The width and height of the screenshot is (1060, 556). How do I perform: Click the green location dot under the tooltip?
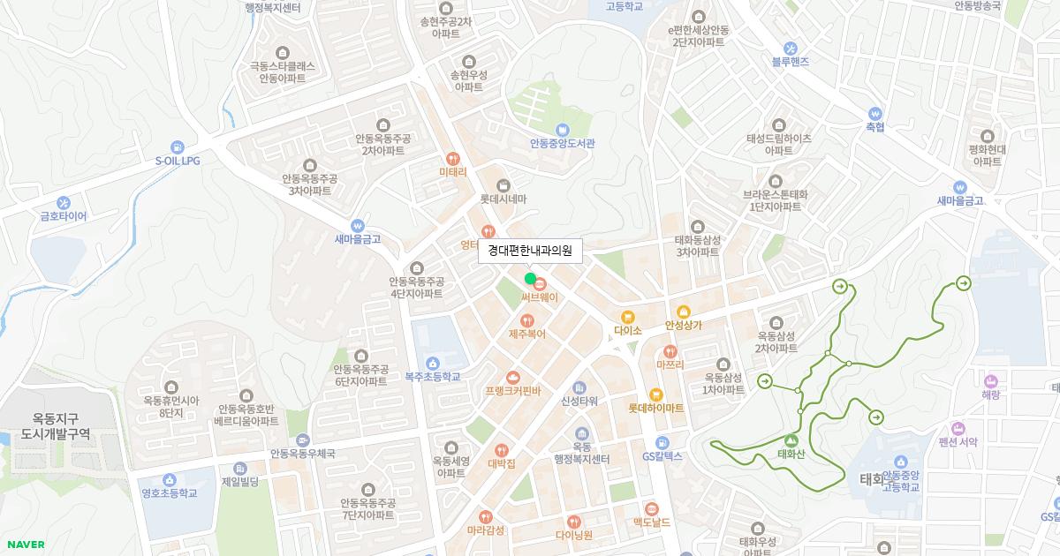[x=530, y=279]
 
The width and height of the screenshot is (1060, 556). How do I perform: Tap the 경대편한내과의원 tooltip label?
[x=530, y=252]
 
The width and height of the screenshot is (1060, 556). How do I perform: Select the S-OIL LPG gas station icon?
[x=178, y=147]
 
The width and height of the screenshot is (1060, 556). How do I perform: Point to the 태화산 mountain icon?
[x=791, y=440]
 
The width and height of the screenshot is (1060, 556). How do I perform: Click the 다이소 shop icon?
[x=627, y=316]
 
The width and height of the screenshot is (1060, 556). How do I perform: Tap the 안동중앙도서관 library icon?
[x=563, y=129]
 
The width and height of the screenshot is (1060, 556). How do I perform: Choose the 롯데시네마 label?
[x=503, y=199]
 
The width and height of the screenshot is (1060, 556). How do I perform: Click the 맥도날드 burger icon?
[x=651, y=508]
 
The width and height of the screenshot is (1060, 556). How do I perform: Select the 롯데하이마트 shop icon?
[x=655, y=394]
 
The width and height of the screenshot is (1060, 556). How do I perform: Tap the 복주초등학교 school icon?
[x=433, y=363]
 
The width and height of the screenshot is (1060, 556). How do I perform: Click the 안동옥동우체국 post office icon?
[x=303, y=440]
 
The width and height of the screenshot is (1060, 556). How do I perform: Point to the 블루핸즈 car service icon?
[x=791, y=48]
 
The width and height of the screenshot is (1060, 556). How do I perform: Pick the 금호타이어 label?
[x=64, y=215]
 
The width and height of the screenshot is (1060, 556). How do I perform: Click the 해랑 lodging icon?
[x=990, y=380]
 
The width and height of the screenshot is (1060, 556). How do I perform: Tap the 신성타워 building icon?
[x=579, y=387]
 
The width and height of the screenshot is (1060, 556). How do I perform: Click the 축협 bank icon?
[x=874, y=113]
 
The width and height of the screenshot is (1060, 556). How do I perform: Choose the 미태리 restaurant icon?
[x=453, y=159]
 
